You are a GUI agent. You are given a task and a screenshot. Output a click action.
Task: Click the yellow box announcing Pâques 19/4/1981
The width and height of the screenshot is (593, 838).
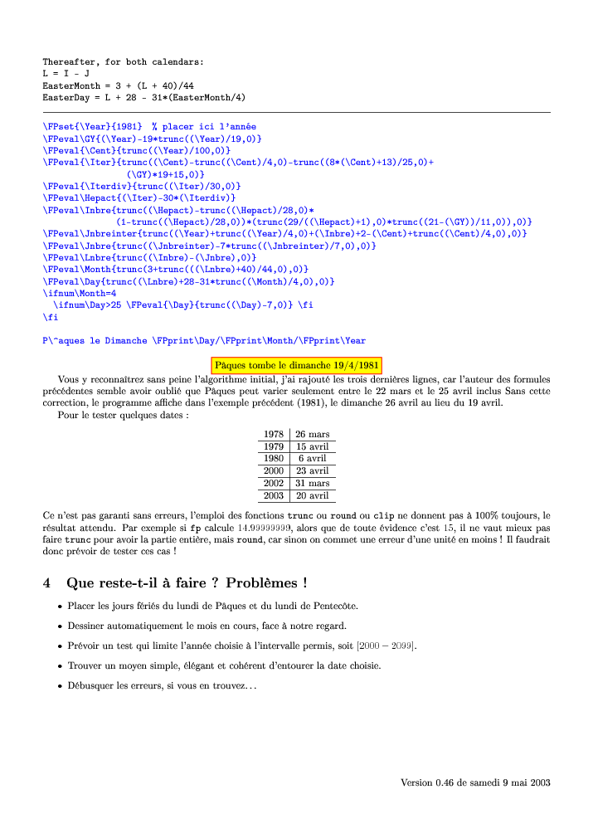coord(296,364)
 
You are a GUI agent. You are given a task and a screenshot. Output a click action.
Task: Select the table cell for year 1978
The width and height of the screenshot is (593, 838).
coord(273,434)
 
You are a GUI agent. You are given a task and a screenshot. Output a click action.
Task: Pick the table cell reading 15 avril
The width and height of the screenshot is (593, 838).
coord(312,446)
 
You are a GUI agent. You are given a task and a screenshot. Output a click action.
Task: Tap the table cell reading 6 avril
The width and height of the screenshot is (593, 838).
coord(312,458)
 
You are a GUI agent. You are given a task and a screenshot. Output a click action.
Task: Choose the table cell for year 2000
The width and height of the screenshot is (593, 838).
coord(273,470)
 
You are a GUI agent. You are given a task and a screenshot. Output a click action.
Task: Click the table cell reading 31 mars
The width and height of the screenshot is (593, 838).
coord(312,483)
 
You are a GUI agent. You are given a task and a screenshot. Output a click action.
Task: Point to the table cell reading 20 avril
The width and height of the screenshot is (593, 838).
coord(312,495)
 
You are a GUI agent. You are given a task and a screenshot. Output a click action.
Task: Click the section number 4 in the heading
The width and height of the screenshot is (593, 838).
coord(47,582)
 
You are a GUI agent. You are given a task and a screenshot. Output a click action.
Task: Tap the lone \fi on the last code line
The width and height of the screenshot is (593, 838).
coord(47,317)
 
